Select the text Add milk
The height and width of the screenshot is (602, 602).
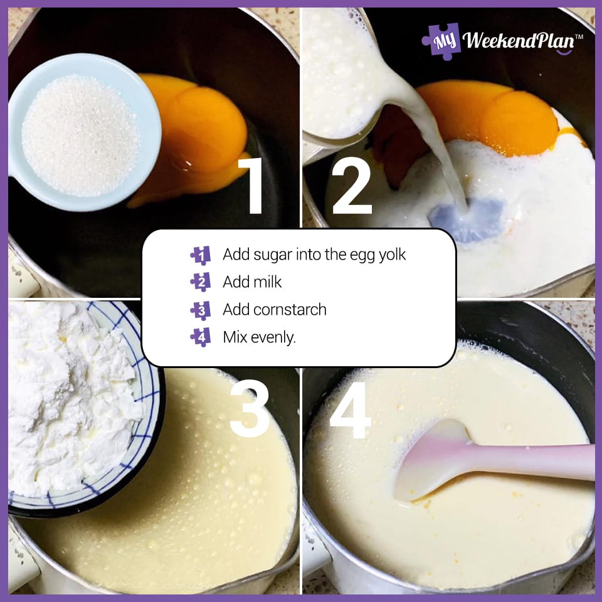click(252, 282)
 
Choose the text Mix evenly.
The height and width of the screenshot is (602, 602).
click(259, 337)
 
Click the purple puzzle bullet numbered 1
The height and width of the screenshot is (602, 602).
click(201, 255)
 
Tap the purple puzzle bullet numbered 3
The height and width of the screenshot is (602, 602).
click(201, 310)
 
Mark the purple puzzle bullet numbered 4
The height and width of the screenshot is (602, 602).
click(201, 337)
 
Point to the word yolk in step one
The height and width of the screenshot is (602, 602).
click(391, 255)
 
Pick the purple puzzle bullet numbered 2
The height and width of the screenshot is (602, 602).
click(201, 282)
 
